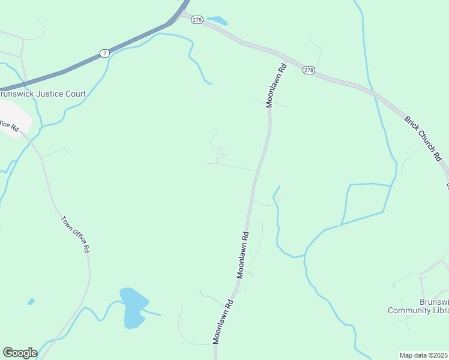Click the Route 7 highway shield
pyautogui.click(x=105, y=53)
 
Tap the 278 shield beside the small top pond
pyautogui.click(x=197, y=20)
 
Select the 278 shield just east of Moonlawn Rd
pyautogui.click(x=309, y=70)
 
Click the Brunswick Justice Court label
pyautogui.click(x=43, y=94)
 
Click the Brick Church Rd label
pyautogui.click(x=423, y=139)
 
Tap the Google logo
pyautogui.click(x=20, y=353)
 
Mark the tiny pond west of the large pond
pyautogui.click(x=31, y=301)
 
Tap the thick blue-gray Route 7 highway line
pyautogui.click(x=60, y=73)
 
